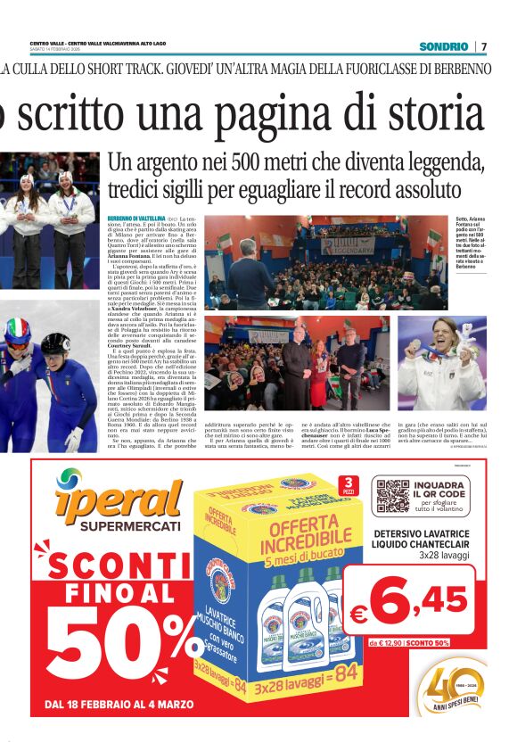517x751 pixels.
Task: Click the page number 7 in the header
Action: coord(484,46)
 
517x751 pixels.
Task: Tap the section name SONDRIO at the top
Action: coord(445,46)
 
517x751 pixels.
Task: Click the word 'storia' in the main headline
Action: coord(428,114)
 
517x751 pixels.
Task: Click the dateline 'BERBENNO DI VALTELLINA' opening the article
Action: coord(131,219)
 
